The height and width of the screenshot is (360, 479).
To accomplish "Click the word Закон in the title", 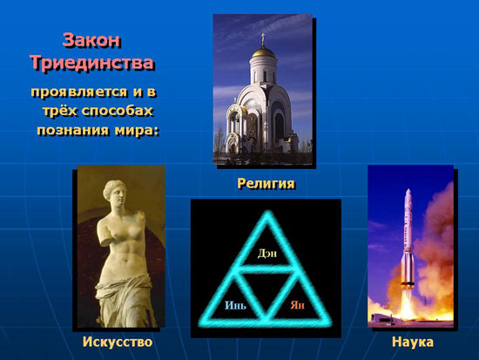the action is click(91, 40).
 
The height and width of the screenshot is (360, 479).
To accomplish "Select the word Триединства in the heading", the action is click(92, 63).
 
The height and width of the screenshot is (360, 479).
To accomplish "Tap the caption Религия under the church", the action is click(266, 184).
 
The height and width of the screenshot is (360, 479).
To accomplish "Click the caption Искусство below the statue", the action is click(118, 342).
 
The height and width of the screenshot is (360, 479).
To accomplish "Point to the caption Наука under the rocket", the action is click(413, 342).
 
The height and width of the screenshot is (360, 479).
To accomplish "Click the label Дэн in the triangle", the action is click(267, 254).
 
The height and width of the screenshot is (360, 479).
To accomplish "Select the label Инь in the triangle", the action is click(235, 305).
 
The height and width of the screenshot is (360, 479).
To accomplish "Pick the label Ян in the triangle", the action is click(297, 305).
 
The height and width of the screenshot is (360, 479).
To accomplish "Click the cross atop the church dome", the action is click(262, 38).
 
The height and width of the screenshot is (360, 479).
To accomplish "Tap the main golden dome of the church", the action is click(263, 51).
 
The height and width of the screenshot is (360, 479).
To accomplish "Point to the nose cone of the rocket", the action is click(408, 194).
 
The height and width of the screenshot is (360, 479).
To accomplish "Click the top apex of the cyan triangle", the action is click(268, 214).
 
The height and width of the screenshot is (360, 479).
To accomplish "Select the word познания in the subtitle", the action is click(72, 130).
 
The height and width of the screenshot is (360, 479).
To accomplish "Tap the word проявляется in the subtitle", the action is click(79, 92).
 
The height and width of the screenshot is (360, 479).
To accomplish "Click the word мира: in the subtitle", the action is click(137, 130).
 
